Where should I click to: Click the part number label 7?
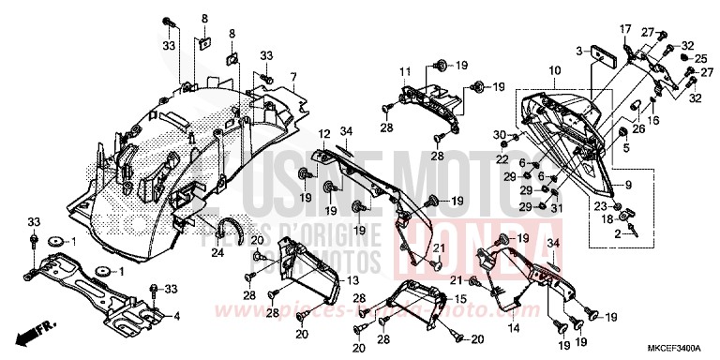coord(292,76)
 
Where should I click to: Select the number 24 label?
coord(217,252)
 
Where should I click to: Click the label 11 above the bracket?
coord(405,72)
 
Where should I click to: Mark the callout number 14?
coord(514,329)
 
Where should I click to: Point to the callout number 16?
coord(653,120)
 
